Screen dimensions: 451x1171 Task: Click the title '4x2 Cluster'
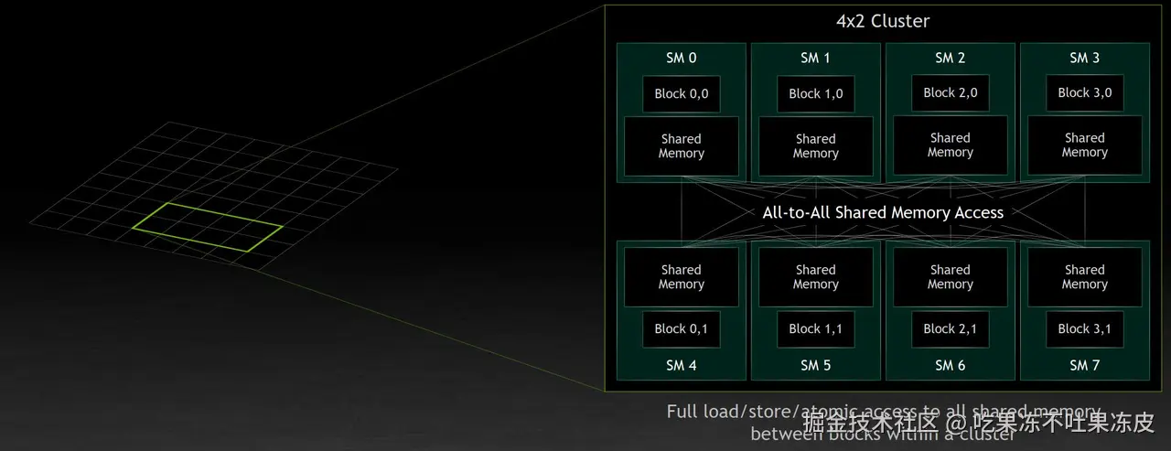click(x=883, y=21)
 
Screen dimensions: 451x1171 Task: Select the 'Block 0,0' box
click(x=681, y=93)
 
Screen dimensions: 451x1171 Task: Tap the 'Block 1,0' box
click(x=815, y=93)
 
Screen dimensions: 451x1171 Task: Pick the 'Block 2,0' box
click(x=950, y=92)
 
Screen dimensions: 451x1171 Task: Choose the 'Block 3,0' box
click(x=1084, y=92)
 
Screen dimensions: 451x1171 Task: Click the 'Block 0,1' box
click(x=681, y=329)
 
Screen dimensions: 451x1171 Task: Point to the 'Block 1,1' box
click(x=815, y=329)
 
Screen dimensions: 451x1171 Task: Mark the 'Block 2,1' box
click(x=950, y=329)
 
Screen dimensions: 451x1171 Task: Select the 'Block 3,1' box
click(x=1084, y=329)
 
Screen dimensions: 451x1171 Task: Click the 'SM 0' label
click(x=681, y=58)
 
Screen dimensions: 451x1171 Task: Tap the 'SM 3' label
click(x=1084, y=58)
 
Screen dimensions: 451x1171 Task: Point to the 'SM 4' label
click(x=681, y=365)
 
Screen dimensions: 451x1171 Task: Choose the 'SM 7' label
click(x=1084, y=365)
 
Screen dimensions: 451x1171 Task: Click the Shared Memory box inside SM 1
click(x=815, y=146)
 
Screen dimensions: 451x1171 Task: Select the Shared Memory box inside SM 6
click(x=950, y=277)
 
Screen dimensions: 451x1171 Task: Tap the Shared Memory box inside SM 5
click(x=815, y=277)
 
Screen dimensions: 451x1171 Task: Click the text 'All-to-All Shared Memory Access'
click(x=883, y=212)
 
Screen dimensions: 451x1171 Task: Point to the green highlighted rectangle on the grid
click(x=207, y=226)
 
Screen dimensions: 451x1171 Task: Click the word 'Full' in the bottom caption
click(x=683, y=412)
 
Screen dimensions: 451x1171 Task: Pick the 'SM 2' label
click(x=950, y=58)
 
